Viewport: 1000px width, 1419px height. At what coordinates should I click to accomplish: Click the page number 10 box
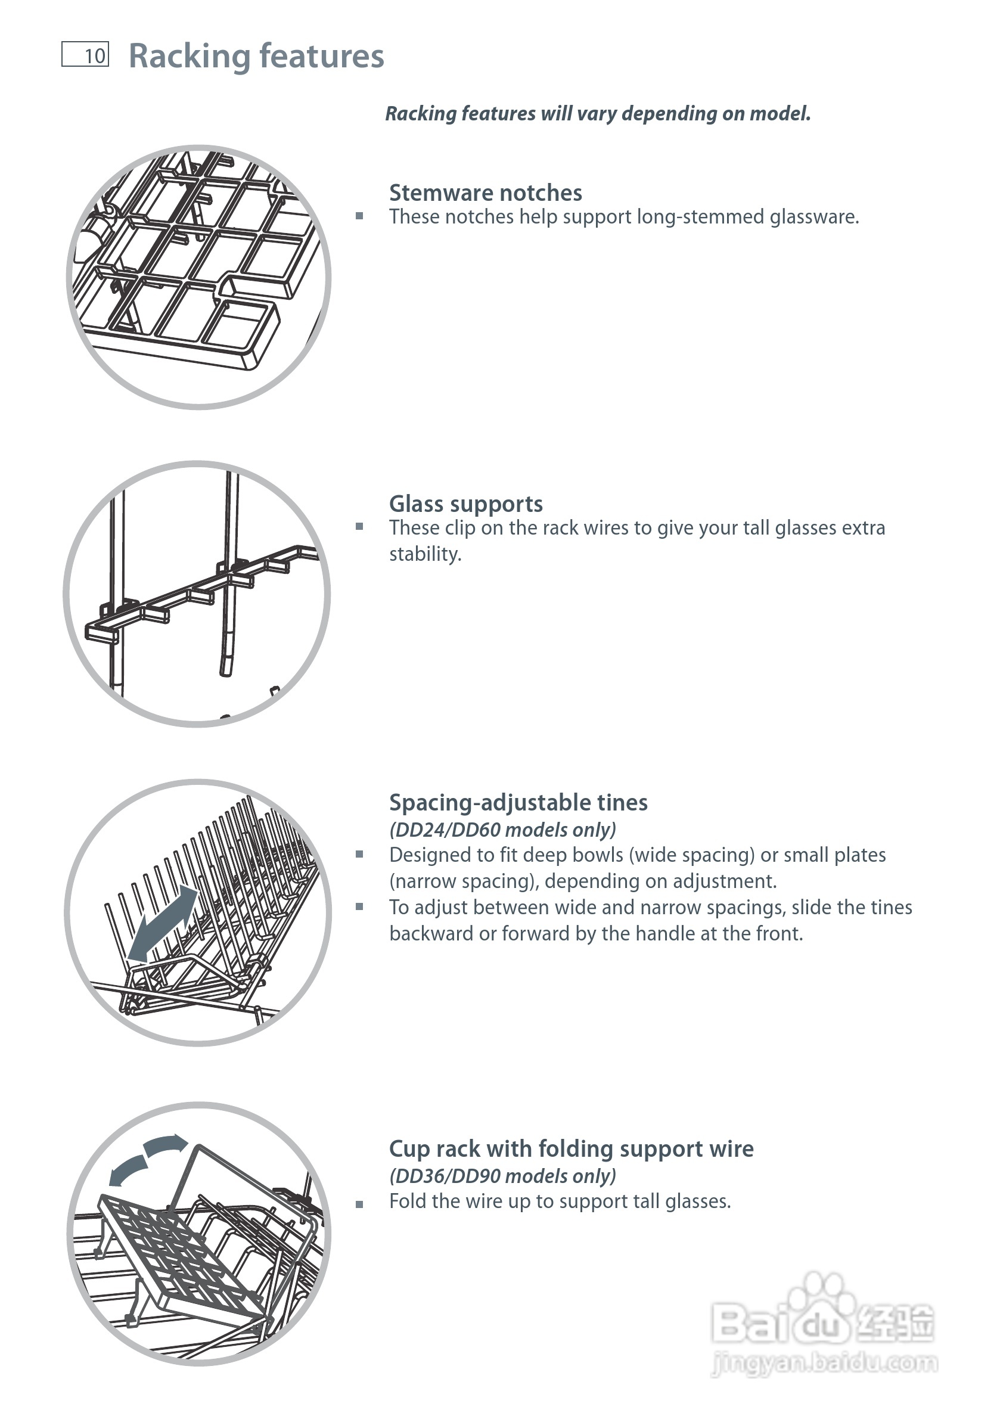85,54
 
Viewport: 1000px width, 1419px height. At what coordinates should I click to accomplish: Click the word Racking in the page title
185,56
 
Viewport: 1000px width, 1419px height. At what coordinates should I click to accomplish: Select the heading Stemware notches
485,193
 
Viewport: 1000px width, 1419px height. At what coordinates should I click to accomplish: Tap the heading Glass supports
465,504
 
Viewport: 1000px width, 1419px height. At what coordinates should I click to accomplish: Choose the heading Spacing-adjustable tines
518,802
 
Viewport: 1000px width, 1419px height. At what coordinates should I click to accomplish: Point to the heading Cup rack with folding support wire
571,1148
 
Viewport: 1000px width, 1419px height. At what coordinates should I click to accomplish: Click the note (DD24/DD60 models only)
502,830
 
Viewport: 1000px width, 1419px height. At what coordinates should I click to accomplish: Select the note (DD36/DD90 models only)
502,1175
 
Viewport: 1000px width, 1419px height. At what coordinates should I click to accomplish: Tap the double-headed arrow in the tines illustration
162,921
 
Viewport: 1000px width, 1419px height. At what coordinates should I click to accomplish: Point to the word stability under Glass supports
424,554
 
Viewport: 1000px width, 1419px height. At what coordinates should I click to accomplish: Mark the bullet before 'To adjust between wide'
359,906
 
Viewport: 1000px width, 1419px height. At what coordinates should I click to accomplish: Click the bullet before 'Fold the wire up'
359,1204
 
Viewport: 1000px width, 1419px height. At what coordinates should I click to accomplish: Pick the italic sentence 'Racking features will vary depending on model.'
598,114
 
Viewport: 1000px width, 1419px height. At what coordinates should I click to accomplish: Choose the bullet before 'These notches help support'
359,216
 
